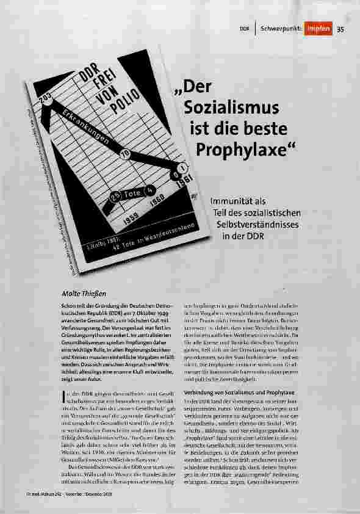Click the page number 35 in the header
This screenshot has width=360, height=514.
[341, 28]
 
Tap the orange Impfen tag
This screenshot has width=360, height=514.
[319, 28]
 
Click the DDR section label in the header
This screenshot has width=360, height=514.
[245, 28]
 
